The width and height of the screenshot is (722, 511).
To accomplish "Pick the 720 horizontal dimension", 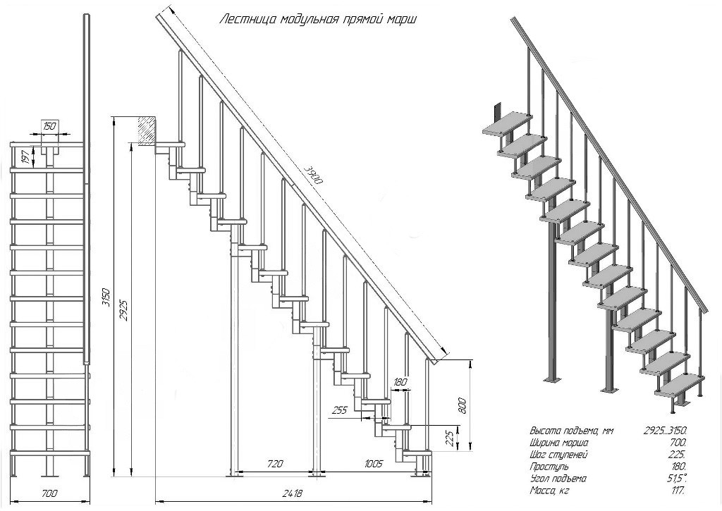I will coord(275,464).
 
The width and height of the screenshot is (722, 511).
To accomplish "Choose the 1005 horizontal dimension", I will coord(373,464).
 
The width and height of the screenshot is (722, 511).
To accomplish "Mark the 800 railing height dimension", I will coord(463,406).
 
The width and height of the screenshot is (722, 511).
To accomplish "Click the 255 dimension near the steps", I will coord(338,409).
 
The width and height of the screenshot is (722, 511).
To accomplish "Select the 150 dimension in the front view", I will coord(49,126).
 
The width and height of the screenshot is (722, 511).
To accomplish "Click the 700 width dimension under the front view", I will coord(49,493).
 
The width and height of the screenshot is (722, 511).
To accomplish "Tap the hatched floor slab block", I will coord(147,130).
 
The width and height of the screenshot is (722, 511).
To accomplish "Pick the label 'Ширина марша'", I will coord(558,443).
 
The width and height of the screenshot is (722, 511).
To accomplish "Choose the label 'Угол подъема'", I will coord(558,479).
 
